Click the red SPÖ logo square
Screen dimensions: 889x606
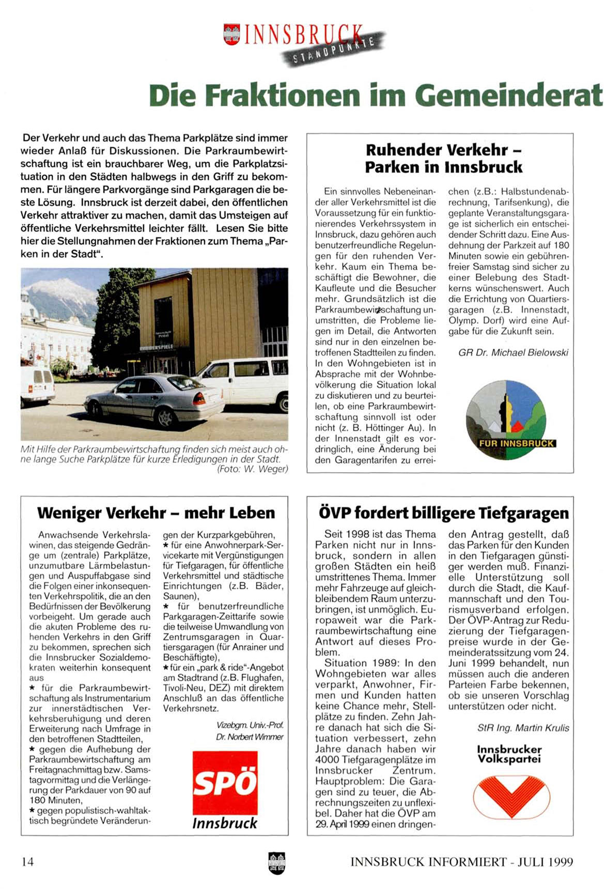coord(225,783)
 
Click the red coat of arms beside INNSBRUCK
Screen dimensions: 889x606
coord(231,34)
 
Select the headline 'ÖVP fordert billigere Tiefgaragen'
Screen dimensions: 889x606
coord(443,513)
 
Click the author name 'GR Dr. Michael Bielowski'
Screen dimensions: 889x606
coord(513,353)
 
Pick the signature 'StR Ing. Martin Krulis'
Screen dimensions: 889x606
coord(523,728)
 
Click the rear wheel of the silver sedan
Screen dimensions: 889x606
coord(165,417)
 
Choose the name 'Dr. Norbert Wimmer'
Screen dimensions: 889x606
coord(250,737)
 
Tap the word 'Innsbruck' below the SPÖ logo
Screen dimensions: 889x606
coord(225,823)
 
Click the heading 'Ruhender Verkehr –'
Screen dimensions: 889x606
coord(443,150)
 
